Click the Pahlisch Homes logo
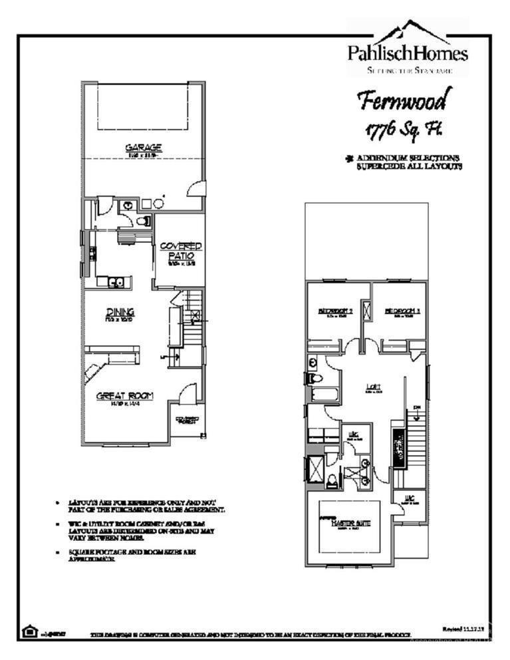[408, 48]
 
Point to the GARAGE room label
[144, 148]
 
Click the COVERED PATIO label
[180, 251]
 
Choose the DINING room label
[120, 312]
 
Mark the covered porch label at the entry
[187, 420]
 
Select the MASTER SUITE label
[350, 523]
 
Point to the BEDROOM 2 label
[334, 311]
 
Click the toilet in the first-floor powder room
[143, 221]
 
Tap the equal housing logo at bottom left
[29, 631]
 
